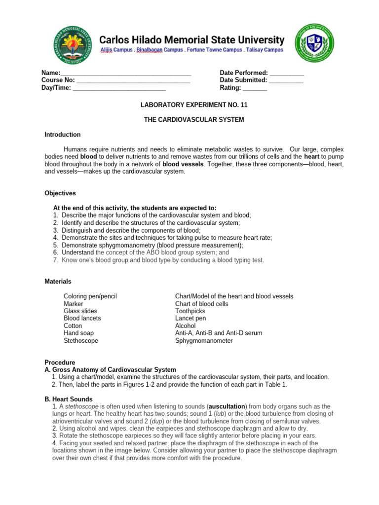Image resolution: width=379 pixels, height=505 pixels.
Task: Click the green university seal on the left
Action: [x=73, y=44]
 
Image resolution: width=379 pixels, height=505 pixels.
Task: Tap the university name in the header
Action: [x=192, y=40]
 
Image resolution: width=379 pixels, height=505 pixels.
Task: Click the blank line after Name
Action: [x=126, y=72]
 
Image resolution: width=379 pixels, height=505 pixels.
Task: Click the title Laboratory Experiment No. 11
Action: [x=193, y=105]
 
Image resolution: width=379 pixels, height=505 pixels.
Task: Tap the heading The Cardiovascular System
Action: [x=193, y=120]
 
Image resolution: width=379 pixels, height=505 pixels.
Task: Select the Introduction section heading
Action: [x=63, y=135]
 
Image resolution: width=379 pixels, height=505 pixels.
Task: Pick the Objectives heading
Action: [x=60, y=193]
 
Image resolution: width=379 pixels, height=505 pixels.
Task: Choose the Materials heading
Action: [x=58, y=282]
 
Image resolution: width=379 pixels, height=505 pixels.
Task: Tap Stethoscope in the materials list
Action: [x=81, y=341]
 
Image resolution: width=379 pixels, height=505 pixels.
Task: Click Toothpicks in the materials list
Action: [x=190, y=311]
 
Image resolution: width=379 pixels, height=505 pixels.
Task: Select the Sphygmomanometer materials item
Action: [x=204, y=341]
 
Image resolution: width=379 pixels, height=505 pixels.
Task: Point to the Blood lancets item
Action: [x=82, y=319]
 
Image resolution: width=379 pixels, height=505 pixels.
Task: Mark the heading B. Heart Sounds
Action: [x=69, y=399]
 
